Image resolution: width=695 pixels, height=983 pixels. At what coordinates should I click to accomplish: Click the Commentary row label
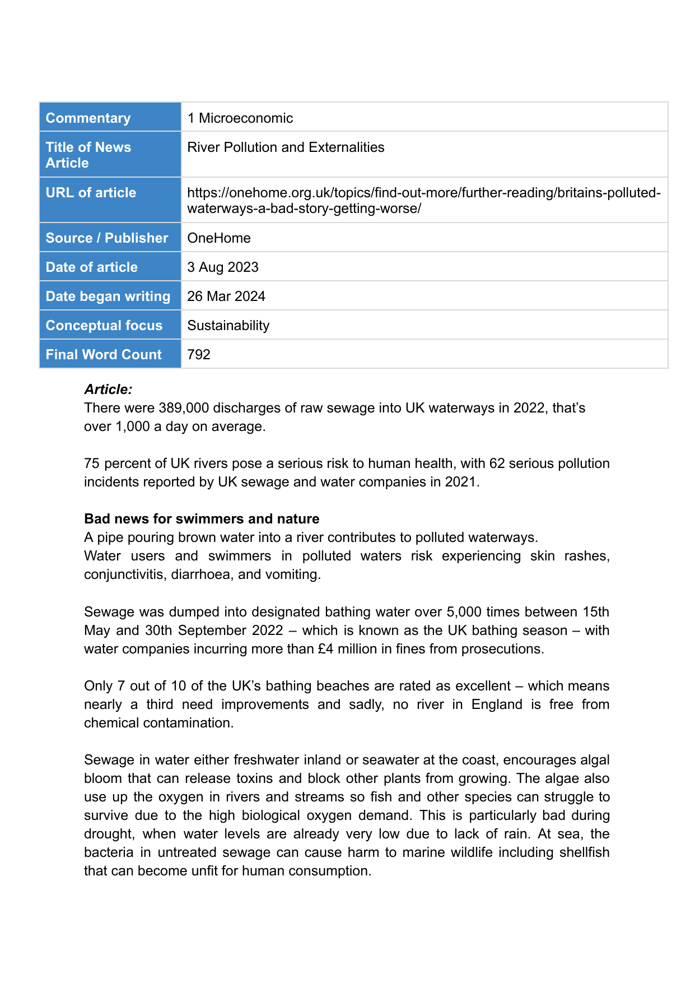[x=88, y=118]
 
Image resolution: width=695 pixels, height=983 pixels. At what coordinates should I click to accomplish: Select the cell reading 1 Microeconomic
[x=240, y=118]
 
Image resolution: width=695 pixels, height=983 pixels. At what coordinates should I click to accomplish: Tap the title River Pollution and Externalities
[x=286, y=147]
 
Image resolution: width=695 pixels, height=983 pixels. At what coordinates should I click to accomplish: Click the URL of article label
[x=91, y=192]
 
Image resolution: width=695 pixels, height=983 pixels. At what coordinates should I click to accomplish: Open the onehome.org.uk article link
[x=423, y=200]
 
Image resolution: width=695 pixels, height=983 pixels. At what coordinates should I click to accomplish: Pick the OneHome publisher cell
[x=218, y=238]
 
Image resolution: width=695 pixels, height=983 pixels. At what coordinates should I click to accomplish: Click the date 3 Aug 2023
[x=222, y=267]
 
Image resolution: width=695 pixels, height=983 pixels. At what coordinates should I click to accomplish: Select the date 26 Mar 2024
[x=226, y=296]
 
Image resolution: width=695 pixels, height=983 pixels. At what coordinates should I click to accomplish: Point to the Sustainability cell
[x=228, y=325]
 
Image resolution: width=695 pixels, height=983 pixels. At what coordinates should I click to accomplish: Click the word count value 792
[x=198, y=354]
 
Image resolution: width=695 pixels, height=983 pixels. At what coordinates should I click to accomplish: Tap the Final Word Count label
[x=104, y=354]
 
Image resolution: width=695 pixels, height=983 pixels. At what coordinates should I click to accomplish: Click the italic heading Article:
[x=108, y=389]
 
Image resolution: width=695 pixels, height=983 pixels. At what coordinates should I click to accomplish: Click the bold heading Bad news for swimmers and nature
[x=202, y=518]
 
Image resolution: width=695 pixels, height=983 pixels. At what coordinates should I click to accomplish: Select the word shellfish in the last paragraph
[x=583, y=852]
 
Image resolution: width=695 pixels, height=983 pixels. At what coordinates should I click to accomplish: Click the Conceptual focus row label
[x=104, y=325]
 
